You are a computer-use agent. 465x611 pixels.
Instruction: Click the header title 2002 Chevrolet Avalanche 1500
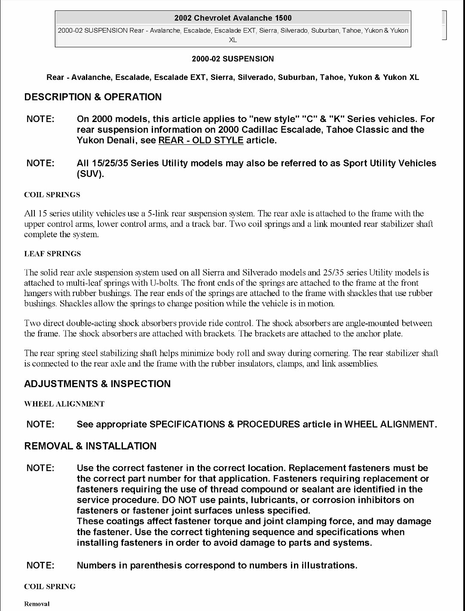coord(233,18)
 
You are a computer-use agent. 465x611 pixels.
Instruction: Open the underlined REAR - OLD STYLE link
coord(201,141)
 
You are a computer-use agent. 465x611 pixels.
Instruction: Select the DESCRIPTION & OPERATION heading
coord(93,97)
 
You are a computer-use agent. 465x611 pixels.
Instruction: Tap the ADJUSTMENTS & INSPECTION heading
coord(97,384)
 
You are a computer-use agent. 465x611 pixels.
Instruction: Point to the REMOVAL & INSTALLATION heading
coord(90,446)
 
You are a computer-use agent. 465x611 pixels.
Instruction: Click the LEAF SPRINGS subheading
coord(52,254)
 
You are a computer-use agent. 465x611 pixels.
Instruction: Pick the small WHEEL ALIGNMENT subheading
coord(64,404)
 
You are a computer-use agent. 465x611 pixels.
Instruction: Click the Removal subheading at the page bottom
coord(37,604)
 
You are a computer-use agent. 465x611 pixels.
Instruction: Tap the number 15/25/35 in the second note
coord(108,163)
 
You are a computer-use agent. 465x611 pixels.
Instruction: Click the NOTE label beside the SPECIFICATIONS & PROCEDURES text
coord(40,425)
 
